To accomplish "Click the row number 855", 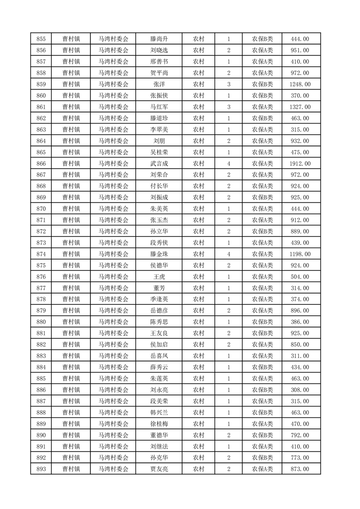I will click(40, 39).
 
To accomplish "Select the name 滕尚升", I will click(159, 39).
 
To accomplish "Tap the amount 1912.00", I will click(300, 163).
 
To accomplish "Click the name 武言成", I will click(159, 163).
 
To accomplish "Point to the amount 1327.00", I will click(300, 107).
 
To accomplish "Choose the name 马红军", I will click(159, 107).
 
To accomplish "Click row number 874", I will click(40, 254).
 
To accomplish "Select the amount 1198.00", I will click(300, 254).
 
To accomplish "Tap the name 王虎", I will click(159, 277).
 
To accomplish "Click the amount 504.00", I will click(300, 277).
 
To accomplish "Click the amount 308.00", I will click(300, 390).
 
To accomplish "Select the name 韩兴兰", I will click(159, 412).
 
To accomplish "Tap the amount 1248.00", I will click(300, 84).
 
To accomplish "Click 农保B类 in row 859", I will click(262, 84).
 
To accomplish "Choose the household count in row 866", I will click(229, 163).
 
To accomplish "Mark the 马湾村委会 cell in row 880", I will click(113, 322).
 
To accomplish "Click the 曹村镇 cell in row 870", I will click(71, 209).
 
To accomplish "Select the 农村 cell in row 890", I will click(198, 435).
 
